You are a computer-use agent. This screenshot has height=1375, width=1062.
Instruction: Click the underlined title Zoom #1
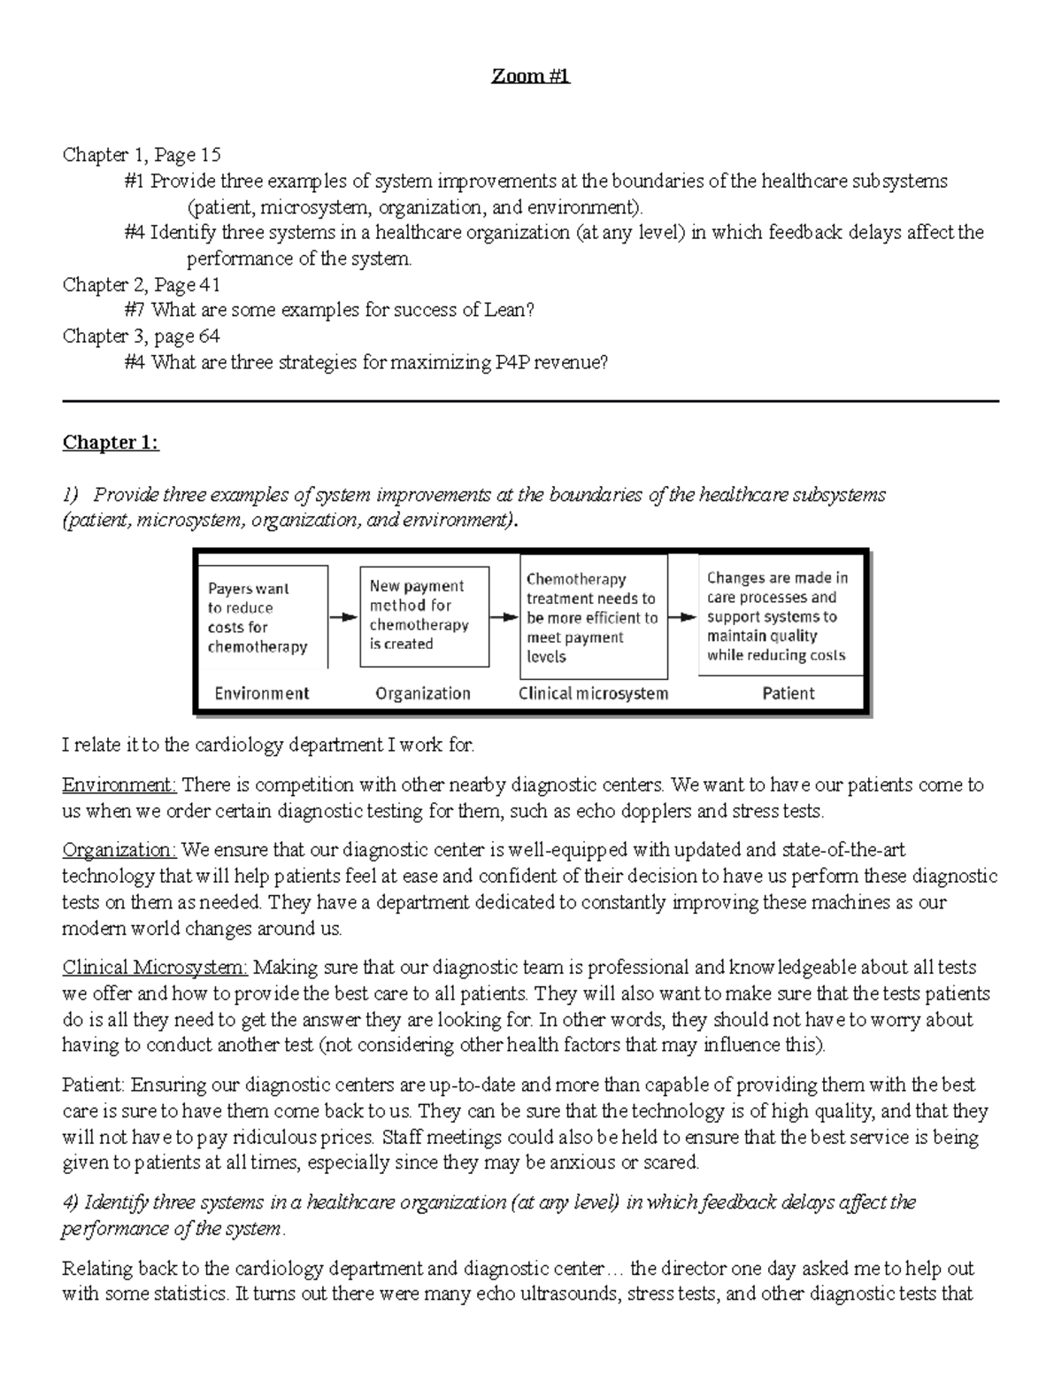pyautogui.click(x=531, y=76)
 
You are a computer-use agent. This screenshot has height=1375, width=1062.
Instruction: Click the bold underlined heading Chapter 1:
pyautogui.click(x=111, y=443)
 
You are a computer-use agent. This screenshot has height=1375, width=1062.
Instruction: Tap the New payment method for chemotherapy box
pyautogui.click(x=423, y=615)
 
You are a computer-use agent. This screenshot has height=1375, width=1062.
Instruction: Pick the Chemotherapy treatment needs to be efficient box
pyautogui.click(x=592, y=617)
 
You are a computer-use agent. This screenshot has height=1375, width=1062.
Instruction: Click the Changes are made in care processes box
pyautogui.click(x=779, y=616)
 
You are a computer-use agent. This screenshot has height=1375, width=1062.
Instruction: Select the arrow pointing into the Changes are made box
pyautogui.click(x=682, y=617)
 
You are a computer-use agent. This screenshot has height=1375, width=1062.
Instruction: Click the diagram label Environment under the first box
pyautogui.click(x=262, y=693)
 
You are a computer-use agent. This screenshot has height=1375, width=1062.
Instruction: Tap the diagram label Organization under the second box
pyautogui.click(x=423, y=693)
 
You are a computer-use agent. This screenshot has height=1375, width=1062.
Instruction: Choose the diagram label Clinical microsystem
pyautogui.click(x=593, y=693)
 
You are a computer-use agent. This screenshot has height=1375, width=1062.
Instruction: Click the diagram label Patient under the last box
pyautogui.click(x=788, y=693)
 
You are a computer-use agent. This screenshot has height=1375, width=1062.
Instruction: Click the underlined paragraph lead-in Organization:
pyautogui.click(x=119, y=851)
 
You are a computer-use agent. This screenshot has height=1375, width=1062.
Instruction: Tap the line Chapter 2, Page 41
pyautogui.click(x=141, y=285)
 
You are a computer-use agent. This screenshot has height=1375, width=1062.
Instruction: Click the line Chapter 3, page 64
pyautogui.click(x=141, y=336)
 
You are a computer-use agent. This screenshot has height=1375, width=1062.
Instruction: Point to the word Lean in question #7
pyautogui.click(x=506, y=311)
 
